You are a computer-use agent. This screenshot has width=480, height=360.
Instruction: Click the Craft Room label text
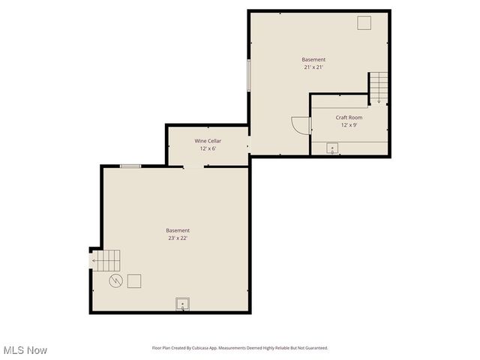(349, 118)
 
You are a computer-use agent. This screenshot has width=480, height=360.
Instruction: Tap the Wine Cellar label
(208, 141)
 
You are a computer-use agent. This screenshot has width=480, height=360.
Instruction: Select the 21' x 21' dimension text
(313, 67)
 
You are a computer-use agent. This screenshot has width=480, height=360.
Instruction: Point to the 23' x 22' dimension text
(178, 238)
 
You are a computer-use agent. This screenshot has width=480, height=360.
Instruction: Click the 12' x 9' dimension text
(349, 125)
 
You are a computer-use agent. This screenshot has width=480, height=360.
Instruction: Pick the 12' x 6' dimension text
(208, 148)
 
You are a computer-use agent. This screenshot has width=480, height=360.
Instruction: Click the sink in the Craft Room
(332, 148)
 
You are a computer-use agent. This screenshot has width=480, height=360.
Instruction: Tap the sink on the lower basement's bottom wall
(182, 304)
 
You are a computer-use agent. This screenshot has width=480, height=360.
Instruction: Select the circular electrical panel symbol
(116, 281)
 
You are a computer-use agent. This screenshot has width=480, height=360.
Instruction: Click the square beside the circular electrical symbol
(135, 281)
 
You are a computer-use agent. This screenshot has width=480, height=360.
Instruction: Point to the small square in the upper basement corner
(364, 23)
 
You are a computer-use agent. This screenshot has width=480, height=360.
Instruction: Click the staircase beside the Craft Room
(379, 88)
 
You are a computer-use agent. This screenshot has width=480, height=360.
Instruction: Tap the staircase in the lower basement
(106, 260)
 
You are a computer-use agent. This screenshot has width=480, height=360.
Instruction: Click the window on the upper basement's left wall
(249, 75)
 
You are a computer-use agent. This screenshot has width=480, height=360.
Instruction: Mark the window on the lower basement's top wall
(130, 166)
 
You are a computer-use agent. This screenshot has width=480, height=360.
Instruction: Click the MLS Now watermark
(25, 350)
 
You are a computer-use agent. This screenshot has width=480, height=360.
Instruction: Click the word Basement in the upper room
(313, 59)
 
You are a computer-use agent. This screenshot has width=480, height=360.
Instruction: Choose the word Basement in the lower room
(178, 230)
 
